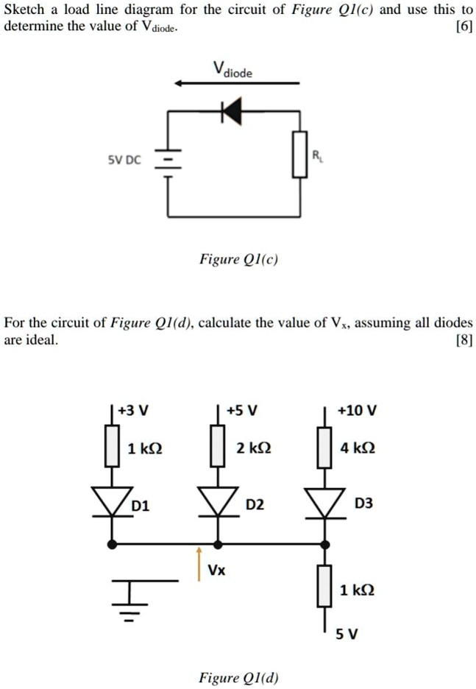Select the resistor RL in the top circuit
(x=299, y=155)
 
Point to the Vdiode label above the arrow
(x=232, y=71)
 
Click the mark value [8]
(x=463, y=339)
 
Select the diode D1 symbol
(x=112, y=502)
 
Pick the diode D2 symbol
(x=217, y=502)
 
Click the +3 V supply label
(x=135, y=411)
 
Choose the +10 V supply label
(x=356, y=411)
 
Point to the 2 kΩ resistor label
(x=251, y=448)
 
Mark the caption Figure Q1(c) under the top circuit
(x=238, y=259)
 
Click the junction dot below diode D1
(x=112, y=544)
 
